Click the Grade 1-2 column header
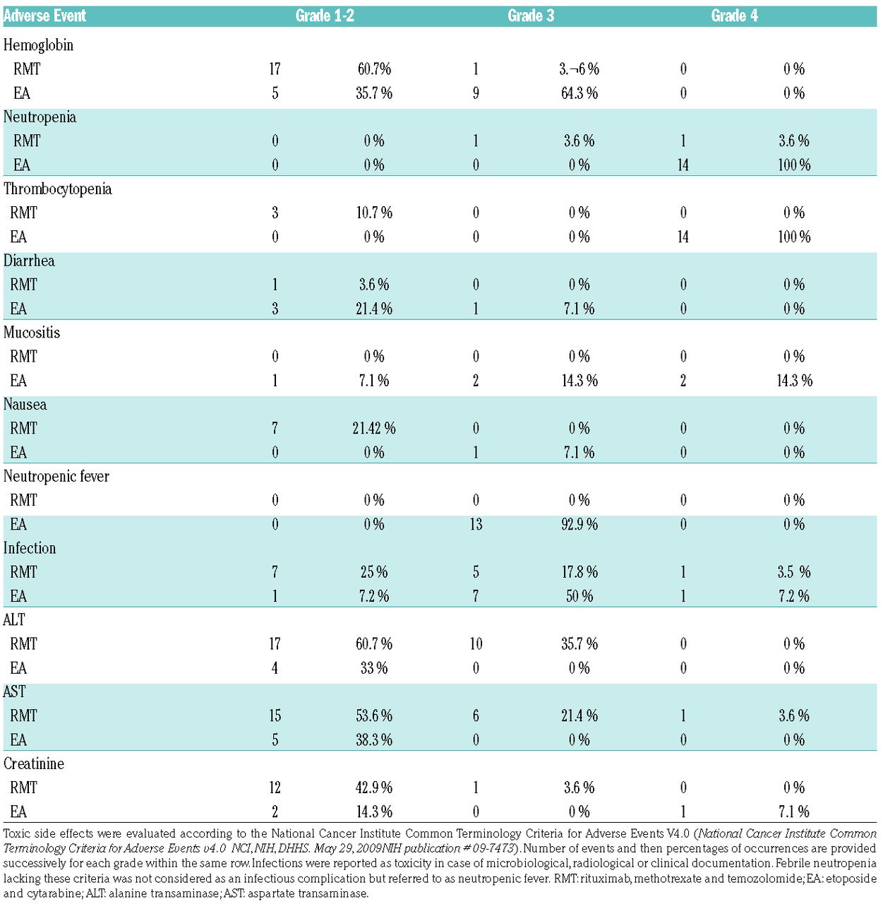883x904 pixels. (x=325, y=16)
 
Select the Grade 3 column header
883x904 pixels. (x=531, y=16)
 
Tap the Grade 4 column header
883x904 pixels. (x=734, y=16)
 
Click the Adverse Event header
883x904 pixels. (x=44, y=16)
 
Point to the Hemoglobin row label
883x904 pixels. (x=38, y=45)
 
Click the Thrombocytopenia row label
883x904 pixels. (x=58, y=189)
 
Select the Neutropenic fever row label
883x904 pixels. (x=56, y=477)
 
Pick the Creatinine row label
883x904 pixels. (x=34, y=764)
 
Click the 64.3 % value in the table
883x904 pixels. (x=579, y=93)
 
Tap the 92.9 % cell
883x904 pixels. (x=579, y=525)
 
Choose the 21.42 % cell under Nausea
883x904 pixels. (x=374, y=429)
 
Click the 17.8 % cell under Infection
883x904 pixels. (x=579, y=573)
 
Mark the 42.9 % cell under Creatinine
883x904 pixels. (x=374, y=788)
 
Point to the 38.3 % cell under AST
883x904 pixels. (x=374, y=740)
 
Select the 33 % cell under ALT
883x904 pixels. (x=374, y=668)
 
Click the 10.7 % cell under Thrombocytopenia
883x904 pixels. (x=374, y=213)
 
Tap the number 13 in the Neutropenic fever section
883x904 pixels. (x=476, y=525)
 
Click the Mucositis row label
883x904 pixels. (x=32, y=333)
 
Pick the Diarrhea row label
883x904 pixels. (x=29, y=261)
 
